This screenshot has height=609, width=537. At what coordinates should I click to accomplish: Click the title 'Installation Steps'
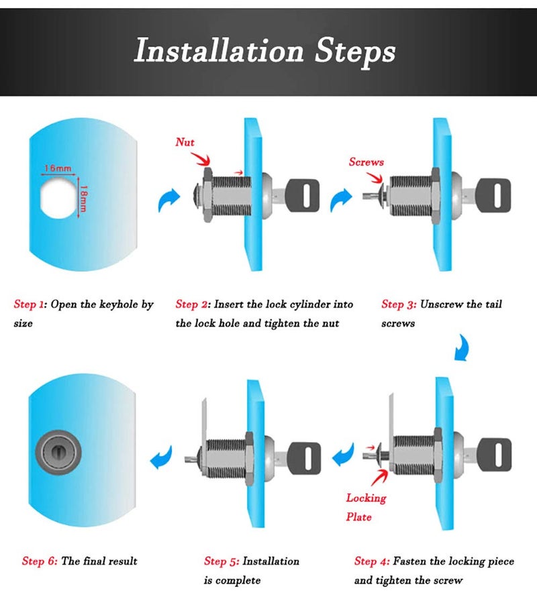tap(264, 52)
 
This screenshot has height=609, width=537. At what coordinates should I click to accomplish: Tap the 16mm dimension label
tap(58, 168)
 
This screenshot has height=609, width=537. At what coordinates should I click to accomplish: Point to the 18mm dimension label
tap(84, 198)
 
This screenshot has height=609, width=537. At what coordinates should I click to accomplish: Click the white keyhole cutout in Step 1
tap(58, 199)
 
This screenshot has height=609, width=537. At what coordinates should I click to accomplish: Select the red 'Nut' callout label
tap(185, 142)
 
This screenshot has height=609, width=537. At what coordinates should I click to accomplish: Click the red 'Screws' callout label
tap(367, 162)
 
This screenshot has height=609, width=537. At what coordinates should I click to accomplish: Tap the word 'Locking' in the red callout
tap(367, 498)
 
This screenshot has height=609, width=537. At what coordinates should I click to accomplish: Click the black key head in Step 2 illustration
tap(303, 195)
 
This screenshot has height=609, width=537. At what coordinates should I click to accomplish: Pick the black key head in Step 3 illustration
tap(494, 195)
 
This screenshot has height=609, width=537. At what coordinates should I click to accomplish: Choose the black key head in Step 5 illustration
tap(304, 458)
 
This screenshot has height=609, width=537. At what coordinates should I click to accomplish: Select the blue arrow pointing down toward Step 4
tap(462, 348)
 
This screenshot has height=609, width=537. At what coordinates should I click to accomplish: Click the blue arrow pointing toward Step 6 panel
tap(161, 457)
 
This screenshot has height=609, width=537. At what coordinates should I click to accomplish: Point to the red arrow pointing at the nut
tap(201, 158)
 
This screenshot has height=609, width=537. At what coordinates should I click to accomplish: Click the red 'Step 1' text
tap(30, 304)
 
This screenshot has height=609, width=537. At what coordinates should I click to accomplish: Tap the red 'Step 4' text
tap(371, 561)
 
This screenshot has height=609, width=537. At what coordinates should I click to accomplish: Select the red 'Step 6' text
tap(40, 561)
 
